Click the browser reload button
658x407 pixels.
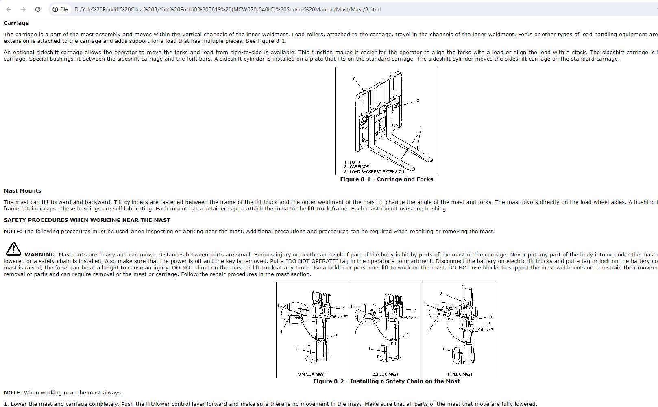pos(38,9)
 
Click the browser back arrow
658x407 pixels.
pos(9,9)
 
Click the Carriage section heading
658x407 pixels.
pos(16,23)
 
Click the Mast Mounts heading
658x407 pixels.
pos(22,191)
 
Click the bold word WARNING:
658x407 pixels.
pos(40,255)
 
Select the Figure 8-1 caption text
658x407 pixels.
pos(386,179)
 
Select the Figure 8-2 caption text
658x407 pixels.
pos(386,381)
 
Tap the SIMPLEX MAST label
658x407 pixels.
pos(312,374)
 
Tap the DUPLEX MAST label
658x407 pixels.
pos(385,374)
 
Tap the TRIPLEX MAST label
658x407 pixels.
pos(459,374)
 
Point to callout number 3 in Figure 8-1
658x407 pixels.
pos(354,79)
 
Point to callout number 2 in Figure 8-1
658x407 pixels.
pos(418,101)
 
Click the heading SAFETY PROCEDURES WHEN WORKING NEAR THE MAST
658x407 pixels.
pos(87,220)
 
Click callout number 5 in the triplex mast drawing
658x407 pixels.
pos(490,324)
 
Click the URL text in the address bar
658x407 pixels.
pos(228,9)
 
